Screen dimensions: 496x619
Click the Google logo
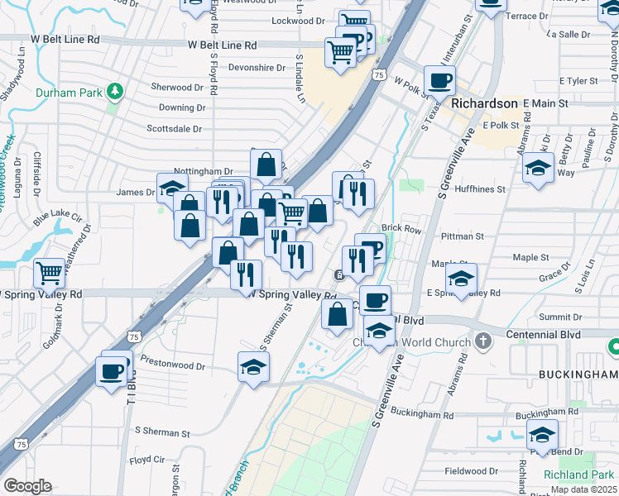(x=27, y=486)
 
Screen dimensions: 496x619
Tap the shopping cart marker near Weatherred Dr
(x=50, y=272)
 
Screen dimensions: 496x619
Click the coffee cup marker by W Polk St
(x=439, y=81)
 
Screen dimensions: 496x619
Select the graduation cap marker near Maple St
(x=461, y=279)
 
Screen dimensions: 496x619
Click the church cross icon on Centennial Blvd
(x=484, y=341)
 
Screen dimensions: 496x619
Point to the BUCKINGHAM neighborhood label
(x=578, y=374)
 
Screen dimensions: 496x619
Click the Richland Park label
(x=579, y=475)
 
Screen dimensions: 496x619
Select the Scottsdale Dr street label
(x=175, y=129)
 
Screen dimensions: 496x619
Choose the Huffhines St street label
(x=477, y=189)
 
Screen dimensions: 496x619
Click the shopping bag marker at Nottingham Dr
(x=266, y=165)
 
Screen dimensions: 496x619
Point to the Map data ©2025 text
(x=583, y=489)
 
